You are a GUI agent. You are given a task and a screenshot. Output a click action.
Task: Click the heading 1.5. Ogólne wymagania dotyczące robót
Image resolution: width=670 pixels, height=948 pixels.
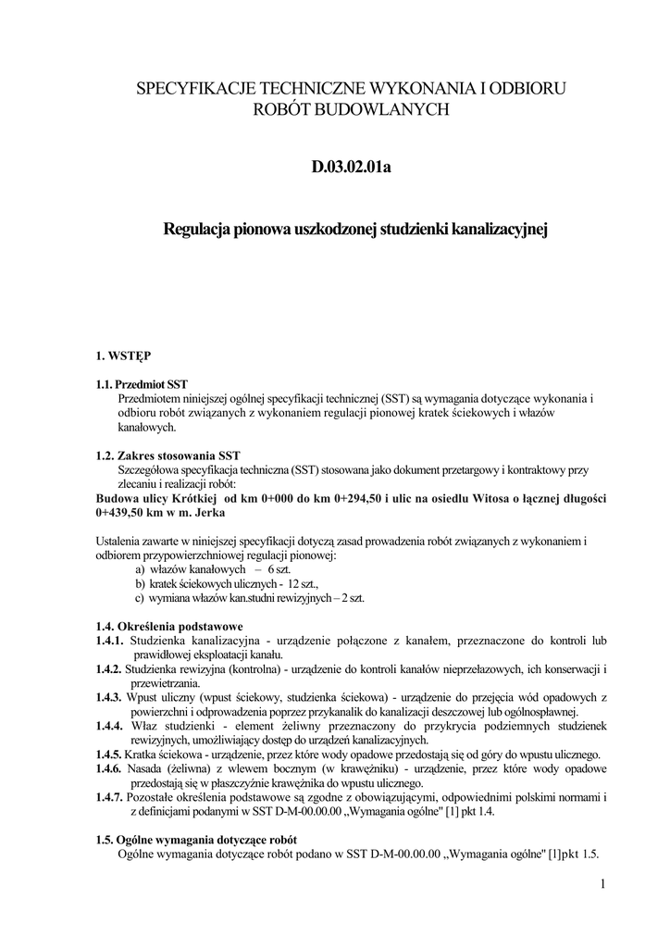(190, 840)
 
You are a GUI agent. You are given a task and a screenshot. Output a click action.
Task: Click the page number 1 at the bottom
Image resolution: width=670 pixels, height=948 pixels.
(602, 885)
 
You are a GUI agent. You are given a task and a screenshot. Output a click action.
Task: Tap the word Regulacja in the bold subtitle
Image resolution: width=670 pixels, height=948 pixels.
(197, 227)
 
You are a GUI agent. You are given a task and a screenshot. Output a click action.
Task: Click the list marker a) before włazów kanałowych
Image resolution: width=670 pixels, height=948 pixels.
(141, 569)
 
